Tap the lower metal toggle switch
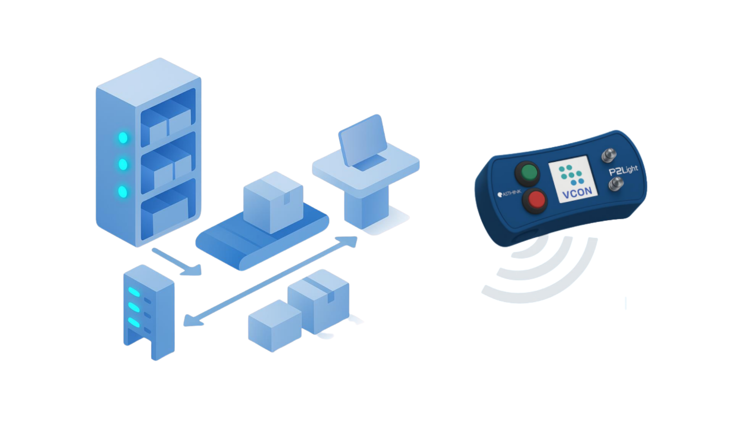[x=615, y=183]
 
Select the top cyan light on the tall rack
[x=123, y=138]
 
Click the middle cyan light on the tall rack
[x=123, y=164]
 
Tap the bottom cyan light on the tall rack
[x=123, y=192]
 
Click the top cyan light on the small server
[x=134, y=292]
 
